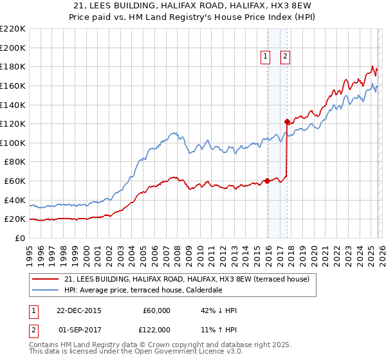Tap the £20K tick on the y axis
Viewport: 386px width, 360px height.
tap(14, 219)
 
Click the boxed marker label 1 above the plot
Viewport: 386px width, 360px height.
tap(265, 57)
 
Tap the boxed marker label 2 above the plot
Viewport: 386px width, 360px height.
tap(284, 57)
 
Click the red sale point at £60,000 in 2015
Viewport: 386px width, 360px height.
tap(267, 181)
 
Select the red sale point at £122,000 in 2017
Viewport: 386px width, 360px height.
tap(286, 122)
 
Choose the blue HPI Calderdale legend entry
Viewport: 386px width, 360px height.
tap(143, 290)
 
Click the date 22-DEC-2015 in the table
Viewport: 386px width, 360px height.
tap(80, 310)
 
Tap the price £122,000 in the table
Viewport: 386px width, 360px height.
tap(157, 330)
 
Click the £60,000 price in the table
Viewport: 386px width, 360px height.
tap(157, 310)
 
